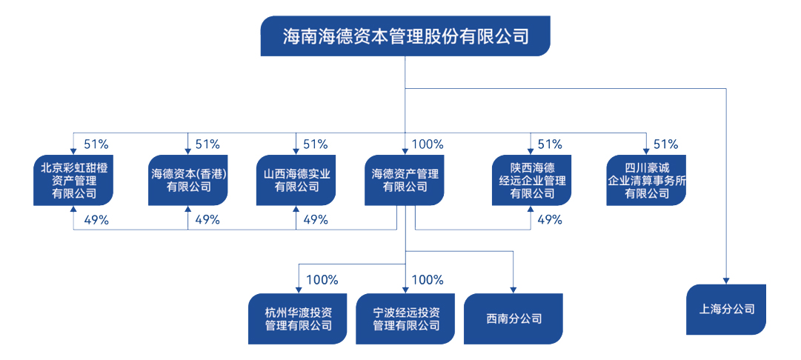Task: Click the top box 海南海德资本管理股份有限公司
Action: [x=405, y=36]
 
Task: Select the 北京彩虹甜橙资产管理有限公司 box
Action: [x=73, y=180]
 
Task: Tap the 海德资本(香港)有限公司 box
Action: [x=187, y=180]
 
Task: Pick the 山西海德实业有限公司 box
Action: [x=296, y=180]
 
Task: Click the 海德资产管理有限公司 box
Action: [x=405, y=180]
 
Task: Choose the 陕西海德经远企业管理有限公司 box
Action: [x=531, y=180]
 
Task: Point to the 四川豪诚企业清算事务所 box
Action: [x=645, y=180]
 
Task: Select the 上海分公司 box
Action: [x=726, y=309]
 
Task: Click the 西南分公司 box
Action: [x=513, y=319]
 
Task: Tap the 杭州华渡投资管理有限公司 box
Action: [x=298, y=319]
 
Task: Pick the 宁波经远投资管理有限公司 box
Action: [x=405, y=319]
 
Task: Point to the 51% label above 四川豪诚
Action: [x=665, y=144]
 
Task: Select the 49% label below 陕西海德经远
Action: [x=549, y=219]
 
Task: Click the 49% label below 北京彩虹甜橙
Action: [x=96, y=219]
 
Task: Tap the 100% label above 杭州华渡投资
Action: [x=322, y=280]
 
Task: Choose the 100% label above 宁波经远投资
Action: [x=428, y=280]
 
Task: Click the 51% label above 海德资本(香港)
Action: [x=207, y=144]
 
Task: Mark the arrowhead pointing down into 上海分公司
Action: [x=726, y=279]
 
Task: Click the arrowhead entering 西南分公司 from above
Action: [x=513, y=289]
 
